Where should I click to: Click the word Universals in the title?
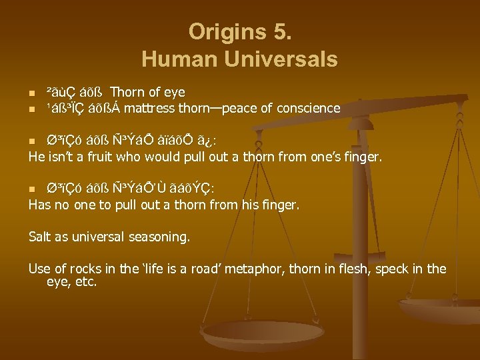coord(283,59)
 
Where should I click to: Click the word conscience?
coord(309,108)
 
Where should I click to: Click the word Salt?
coord(41,236)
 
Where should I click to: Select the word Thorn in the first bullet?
coord(126,92)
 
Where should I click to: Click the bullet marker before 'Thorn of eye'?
coord(31,92)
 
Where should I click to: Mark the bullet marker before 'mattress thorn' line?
coord(31,108)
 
